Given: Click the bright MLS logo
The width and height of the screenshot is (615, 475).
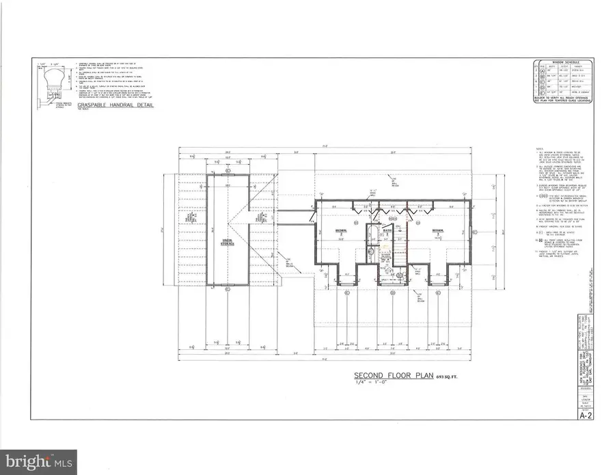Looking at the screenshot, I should (x=40, y=461).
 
